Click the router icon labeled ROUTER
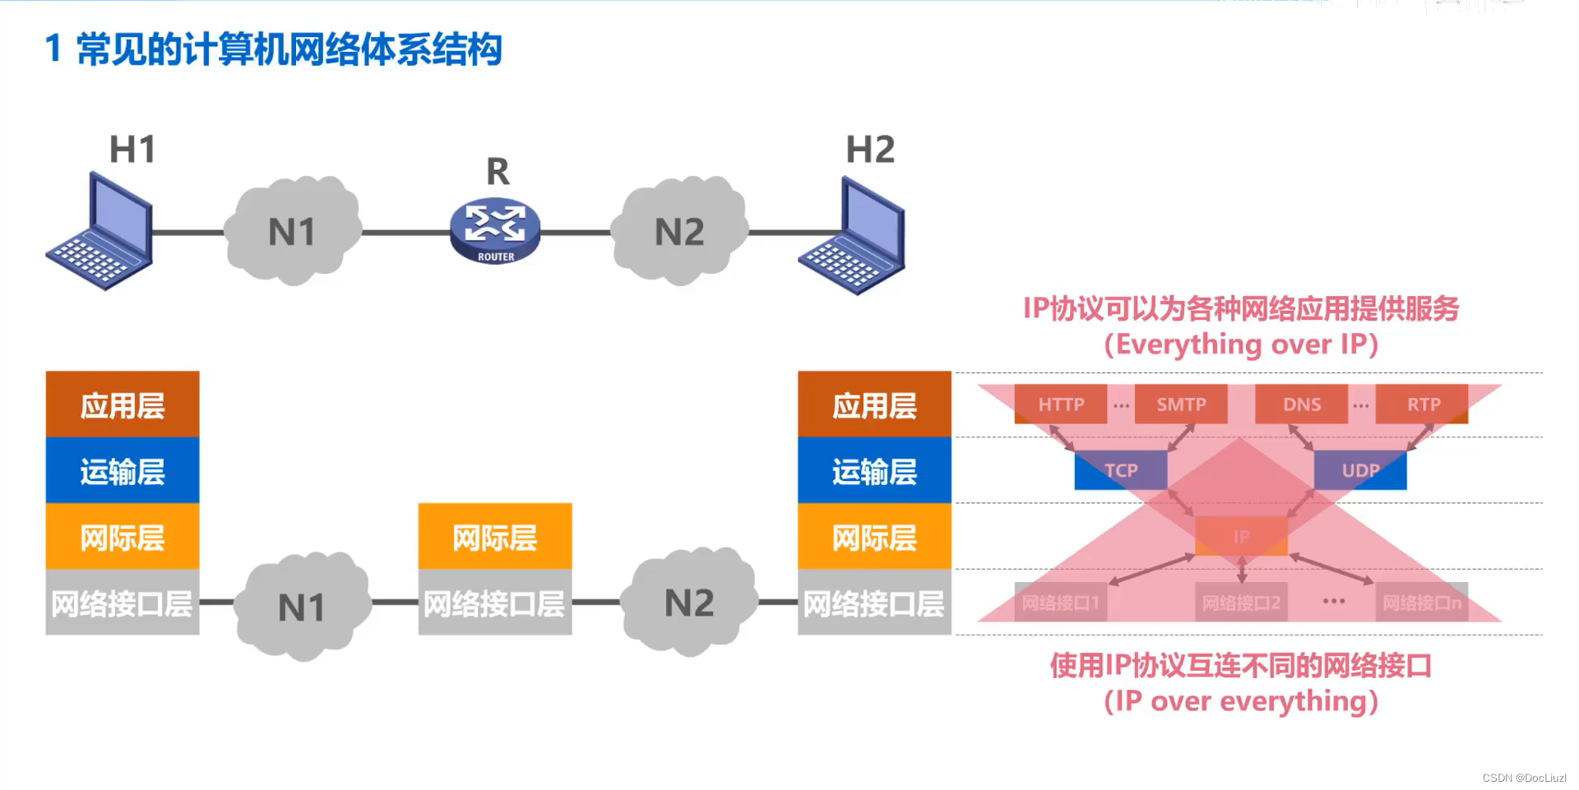[495, 231]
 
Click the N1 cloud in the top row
[293, 231]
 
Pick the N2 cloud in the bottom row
[689, 603]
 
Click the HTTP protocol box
[1061, 404]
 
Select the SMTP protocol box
[1181, 404]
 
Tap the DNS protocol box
[1302, 404]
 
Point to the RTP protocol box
[1423, 404]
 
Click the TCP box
[1120, 470]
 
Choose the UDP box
[1360, 470]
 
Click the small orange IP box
[1241, 537]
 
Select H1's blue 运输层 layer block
[123, 471]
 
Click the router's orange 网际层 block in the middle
[495, 538]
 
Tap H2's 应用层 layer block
[874, 404]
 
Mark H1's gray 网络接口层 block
[123, 603]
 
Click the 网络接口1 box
[1060, 603]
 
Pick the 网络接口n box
[1422, 603]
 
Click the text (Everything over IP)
[1240, 344]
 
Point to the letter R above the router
[498, 173]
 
